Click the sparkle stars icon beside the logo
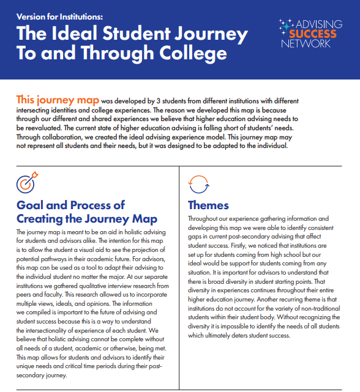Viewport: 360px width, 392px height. click(x=285, y=25)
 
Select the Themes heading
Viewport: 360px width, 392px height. click(x=208, y=205)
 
